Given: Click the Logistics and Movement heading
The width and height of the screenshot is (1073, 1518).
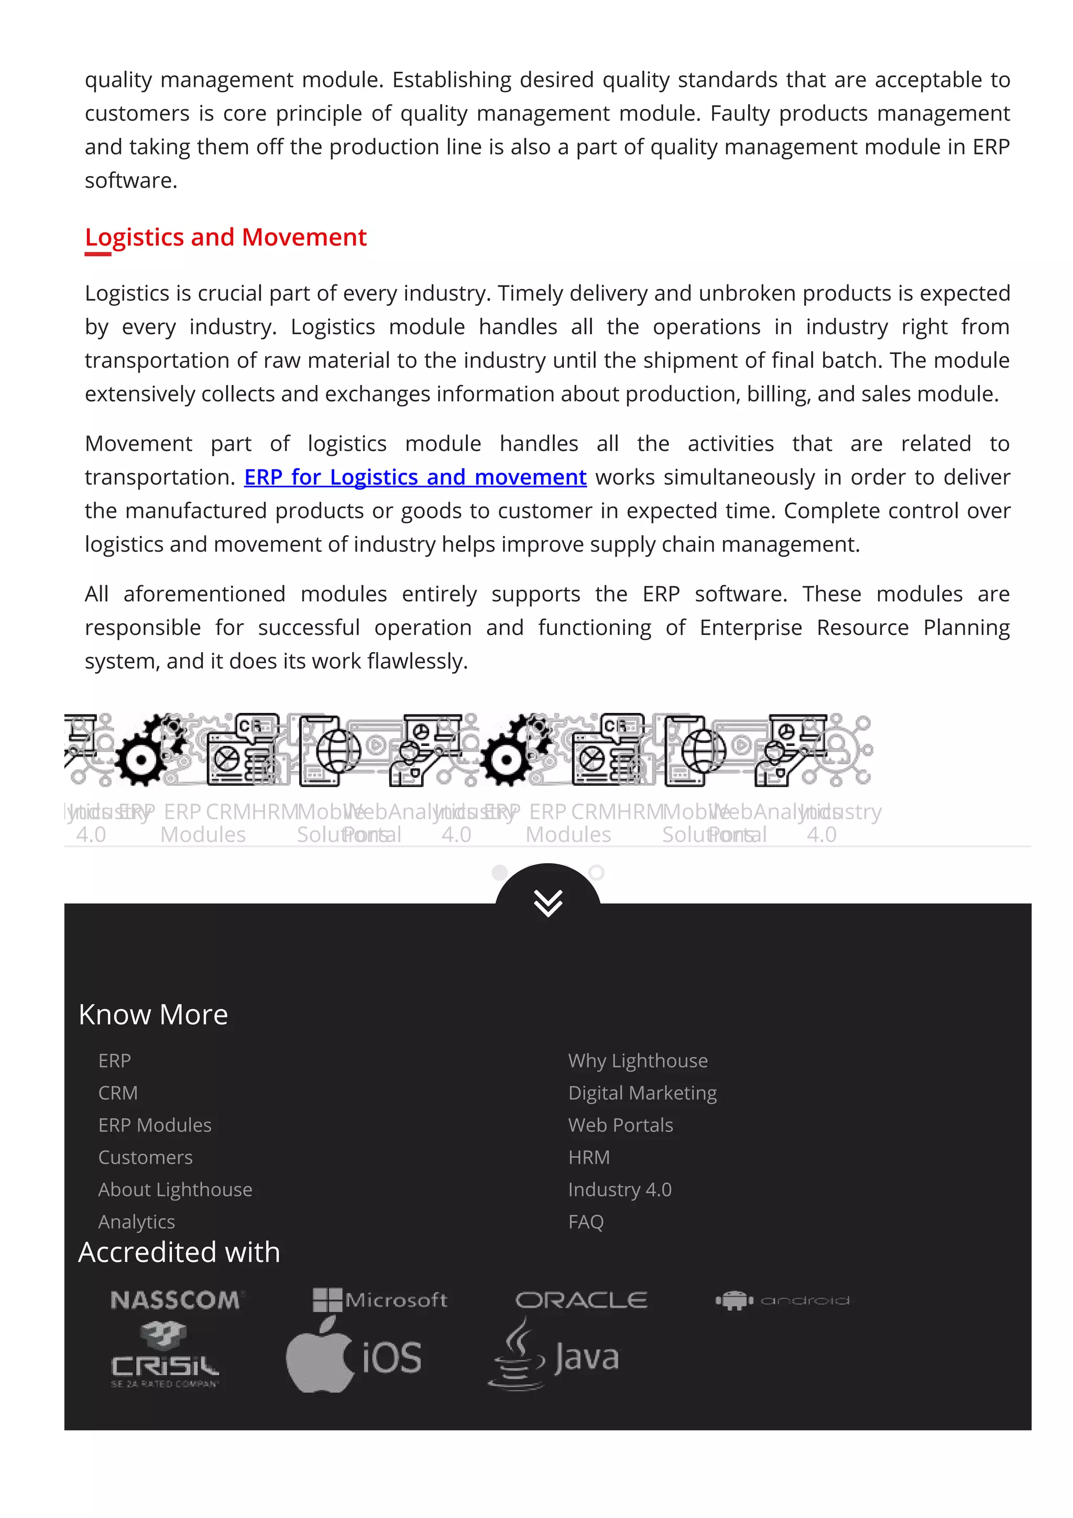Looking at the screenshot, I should point(225,237).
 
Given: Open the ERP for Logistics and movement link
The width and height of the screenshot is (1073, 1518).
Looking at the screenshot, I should point(415,477).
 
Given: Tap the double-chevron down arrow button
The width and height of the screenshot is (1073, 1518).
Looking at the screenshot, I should point(548,902).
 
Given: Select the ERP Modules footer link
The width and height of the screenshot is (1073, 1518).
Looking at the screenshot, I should point(155,1125).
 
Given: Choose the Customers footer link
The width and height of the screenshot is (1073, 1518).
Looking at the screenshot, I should point(146,1157).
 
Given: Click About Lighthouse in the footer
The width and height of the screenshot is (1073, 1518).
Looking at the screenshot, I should point(175,1190).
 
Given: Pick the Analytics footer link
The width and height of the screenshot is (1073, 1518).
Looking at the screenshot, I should point(136,1222).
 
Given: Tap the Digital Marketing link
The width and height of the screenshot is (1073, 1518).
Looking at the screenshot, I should point(642,1093).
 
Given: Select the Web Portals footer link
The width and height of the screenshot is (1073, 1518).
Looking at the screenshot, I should point(620,1125).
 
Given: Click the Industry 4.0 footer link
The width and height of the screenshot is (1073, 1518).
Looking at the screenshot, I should point(619,1190).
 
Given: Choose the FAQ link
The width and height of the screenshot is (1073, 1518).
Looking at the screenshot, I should point(586,1222).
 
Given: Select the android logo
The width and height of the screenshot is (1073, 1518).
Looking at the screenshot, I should point(782,1301).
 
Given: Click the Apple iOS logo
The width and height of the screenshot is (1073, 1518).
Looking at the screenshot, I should point(354,1357).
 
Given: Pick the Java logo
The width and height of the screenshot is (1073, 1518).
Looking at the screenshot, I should point(553,1356).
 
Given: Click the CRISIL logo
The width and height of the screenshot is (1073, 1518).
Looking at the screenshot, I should point(165,1356).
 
